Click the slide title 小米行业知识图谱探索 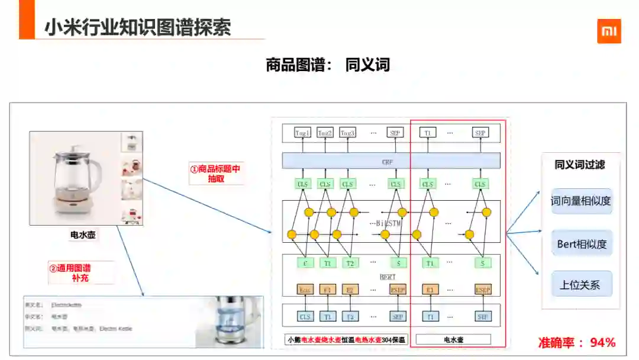pos(138,27)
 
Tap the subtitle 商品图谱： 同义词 pos(328,65)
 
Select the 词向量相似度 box pos(580,201)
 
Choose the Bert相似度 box pos(581,243)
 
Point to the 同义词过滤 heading pos(579,165)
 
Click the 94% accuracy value pos(602,342)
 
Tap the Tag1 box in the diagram pos(303,133)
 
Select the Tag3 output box pos(347,133)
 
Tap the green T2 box pos(350,263)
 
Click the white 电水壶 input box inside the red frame pos(453,340)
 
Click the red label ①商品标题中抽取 pos(215,173)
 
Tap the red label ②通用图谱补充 pos(74,272)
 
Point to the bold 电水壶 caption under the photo pos(83,235)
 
